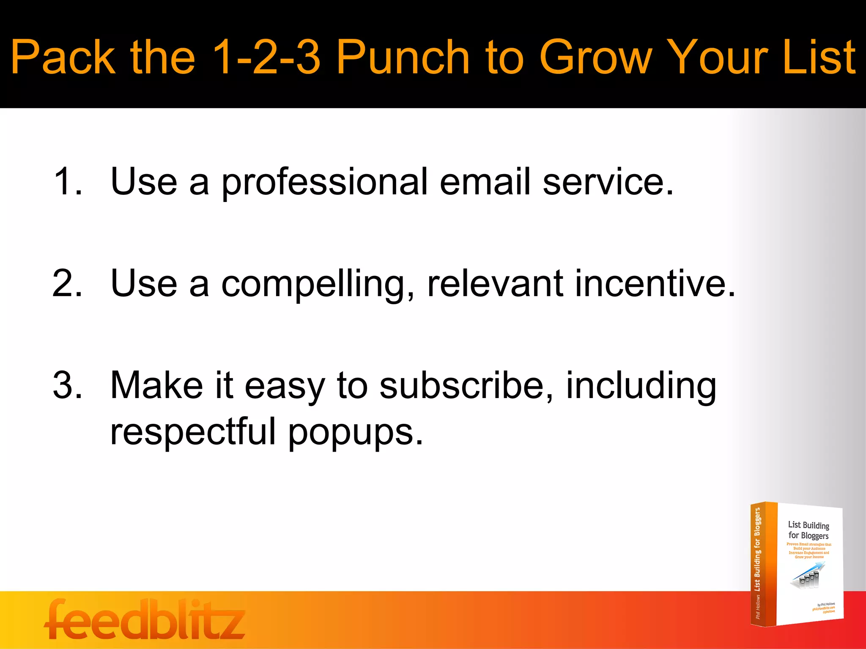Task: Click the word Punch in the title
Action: [x=403, y=57]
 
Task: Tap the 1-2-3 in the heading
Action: [x=266, y=57]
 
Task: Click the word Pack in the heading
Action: [x=63, y=57]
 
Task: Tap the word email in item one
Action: [x=485, y=181]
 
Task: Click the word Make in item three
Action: [x=156, y=385]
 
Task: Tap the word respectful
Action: [x=192, y=432]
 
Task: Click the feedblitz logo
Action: [x=145, y=620]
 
